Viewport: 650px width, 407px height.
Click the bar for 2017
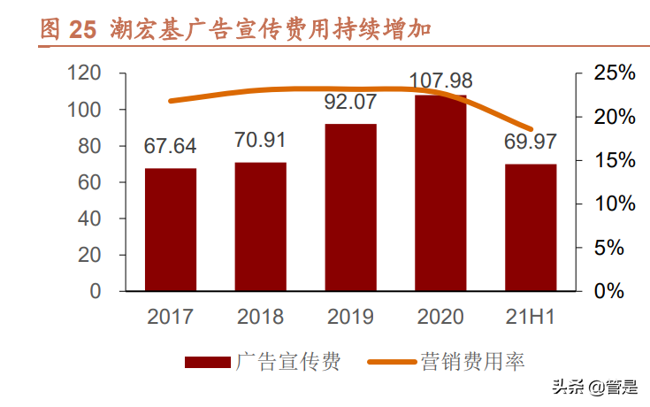click(x=171, y=229)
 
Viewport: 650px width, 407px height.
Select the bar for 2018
click(x=261, y=227)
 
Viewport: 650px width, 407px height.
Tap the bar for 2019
click(x=350, y=207)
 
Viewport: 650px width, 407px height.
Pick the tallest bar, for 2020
click(x=440, y=193)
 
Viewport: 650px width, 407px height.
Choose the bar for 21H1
click(x=531, y=227)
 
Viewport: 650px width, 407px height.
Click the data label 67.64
click(x=171, y=146)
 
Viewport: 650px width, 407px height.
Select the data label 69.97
click(x=531, y=142)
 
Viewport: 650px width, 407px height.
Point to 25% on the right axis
click(x=613, y=73)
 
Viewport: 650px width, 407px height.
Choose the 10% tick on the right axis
click(x=613, y=203)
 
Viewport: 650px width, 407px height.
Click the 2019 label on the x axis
click(x=350, y=317)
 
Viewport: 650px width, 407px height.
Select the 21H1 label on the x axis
click(x=530, y=317)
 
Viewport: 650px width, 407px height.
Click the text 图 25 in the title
click(x=67, y=29)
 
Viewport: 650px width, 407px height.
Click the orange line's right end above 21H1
click(x=531, y=129)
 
